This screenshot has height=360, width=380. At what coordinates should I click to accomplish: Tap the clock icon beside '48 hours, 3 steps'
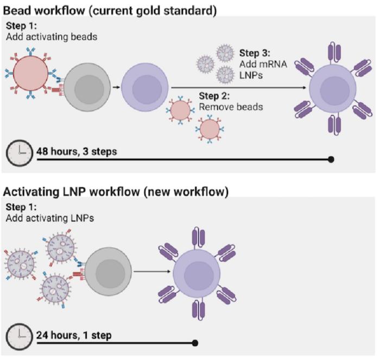click(x=20, y=153)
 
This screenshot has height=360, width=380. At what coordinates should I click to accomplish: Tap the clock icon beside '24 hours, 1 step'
click(x=20, y=336)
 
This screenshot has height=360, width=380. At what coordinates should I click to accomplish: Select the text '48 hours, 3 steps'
click(x=76, y=151)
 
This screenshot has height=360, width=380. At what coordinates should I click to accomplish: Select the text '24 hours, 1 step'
click(x=73, y=335)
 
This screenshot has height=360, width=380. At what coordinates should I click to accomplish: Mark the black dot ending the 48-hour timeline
click(x=331, y=159)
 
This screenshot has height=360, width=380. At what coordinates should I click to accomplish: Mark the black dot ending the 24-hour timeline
click(x=195, y=343)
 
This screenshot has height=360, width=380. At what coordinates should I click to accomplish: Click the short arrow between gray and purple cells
click(x=115, y=86)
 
